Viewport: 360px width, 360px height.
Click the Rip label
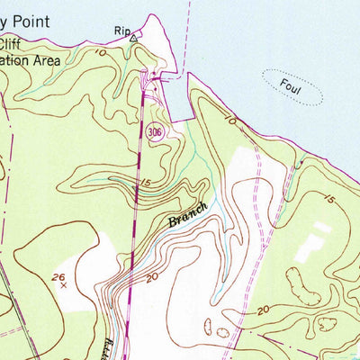click(x=121, y=31)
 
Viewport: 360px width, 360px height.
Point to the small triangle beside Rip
click(x=133, y=39)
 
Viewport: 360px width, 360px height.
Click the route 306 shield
click(x=157, y=131)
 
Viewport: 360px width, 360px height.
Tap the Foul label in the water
click(x=288, y=87)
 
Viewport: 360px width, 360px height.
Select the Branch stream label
click(x=187, y=214)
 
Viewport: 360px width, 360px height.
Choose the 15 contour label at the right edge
click(x=332, y=198)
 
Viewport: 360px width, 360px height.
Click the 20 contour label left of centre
click(x=152, y=278)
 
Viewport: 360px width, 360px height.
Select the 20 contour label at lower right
click(x=263, y=310)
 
